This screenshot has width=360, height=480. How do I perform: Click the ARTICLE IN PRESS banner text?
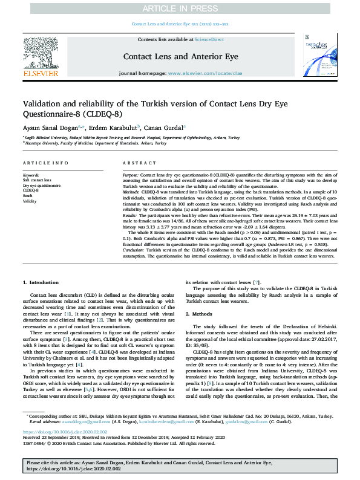180,8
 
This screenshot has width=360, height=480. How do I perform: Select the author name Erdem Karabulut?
114,128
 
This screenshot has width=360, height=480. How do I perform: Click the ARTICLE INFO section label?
45,164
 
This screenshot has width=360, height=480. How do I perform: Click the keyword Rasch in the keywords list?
28,196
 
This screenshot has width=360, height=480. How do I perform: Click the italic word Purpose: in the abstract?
131,174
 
